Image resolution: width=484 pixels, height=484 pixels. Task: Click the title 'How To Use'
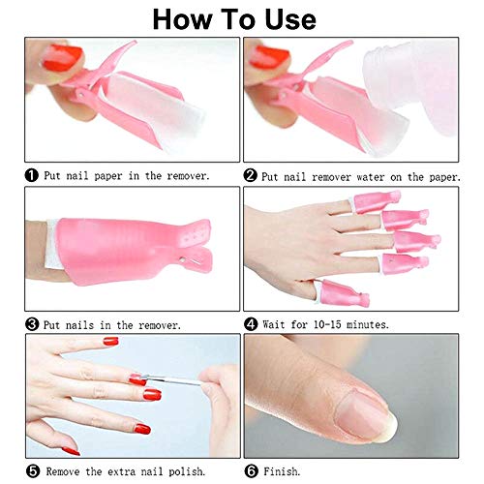tap(242, 18)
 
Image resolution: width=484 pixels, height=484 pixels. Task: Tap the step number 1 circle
tap(33, 175)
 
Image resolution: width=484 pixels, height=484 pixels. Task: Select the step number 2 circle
tap(251, 175)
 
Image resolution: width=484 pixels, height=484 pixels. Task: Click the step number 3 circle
tap(33, 324)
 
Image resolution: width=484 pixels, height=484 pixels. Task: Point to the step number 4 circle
tap(251, 324)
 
